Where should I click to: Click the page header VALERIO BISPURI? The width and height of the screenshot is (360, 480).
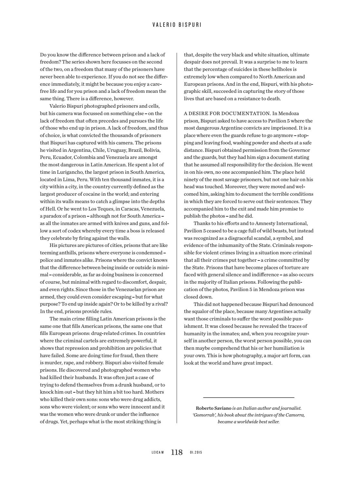pyautogui.click(x=177, y=25)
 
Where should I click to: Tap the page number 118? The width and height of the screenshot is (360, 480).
pyautogui.click(x=177, y=452)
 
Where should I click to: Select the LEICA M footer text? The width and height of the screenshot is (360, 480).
pyautogui.click(x=158, y=453)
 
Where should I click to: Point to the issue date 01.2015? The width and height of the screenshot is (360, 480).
pyautogui.click(x=196, y=453)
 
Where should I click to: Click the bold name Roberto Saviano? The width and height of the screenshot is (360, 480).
pyautogui.click(x=213, y=408)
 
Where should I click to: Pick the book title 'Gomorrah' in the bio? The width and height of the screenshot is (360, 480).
pyautogui.click(x=203, y=415)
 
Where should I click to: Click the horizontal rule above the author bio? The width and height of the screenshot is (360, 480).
pyautogui.click(x=248, y=397)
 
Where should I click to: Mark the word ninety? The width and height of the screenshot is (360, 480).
pyautogui.click(x=191, y=180)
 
